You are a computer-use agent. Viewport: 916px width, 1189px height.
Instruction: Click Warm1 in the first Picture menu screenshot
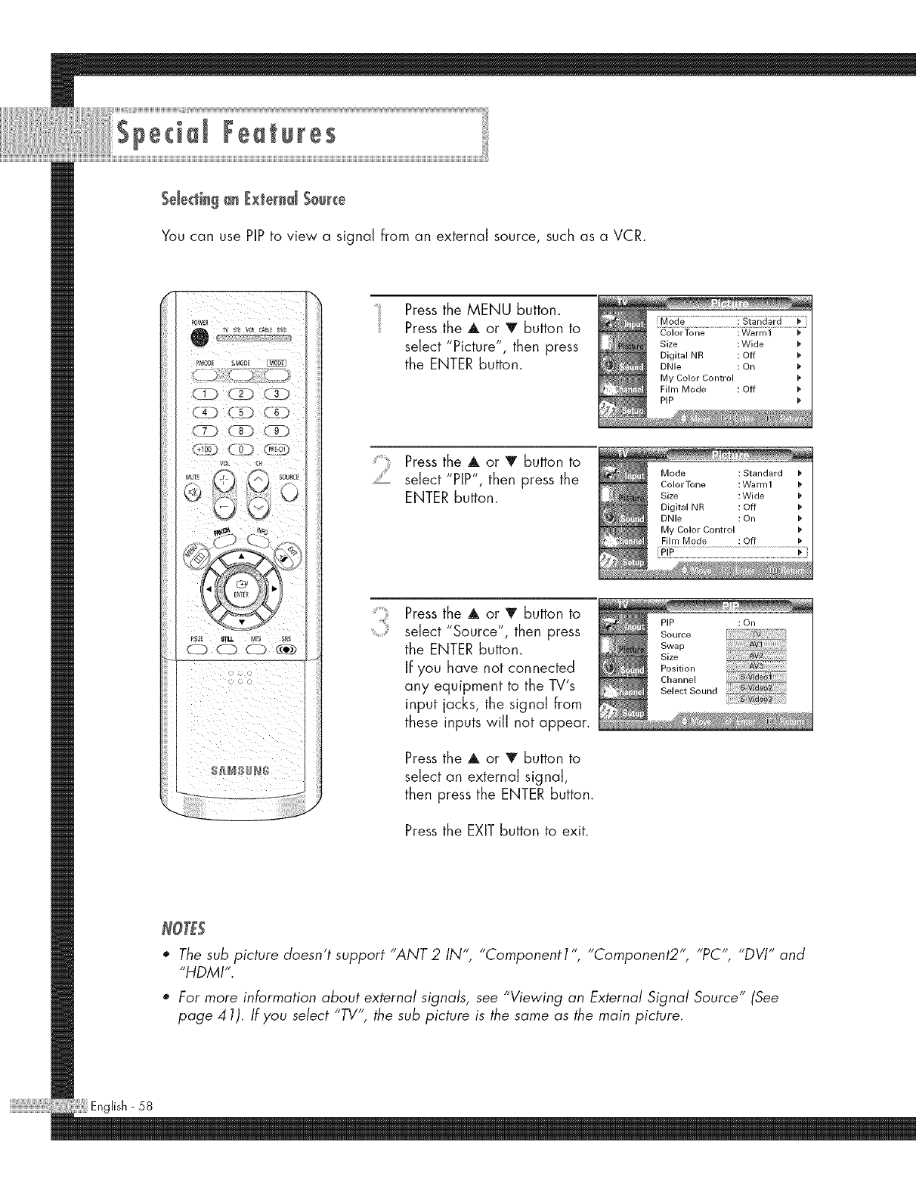pos(756,332)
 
